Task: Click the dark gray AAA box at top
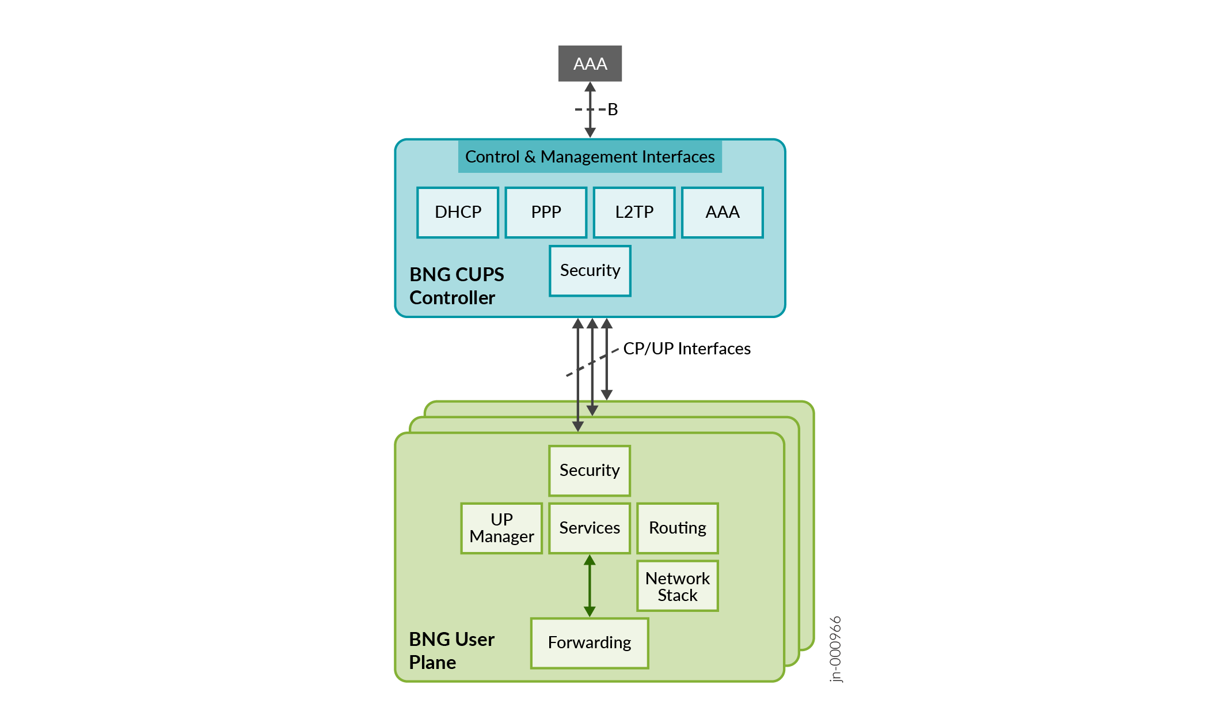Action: [590, 63]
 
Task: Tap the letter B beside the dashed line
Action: [613, 109]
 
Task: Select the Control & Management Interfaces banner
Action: [590, 157]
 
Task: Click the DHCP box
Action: [458, 212]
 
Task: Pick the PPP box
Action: [546, 212]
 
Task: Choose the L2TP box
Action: [634, 212]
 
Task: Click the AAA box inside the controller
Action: [722, 212]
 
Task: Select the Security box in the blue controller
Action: [590, 271]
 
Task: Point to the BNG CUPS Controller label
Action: [456, 286]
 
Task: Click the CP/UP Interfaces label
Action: [686, 349]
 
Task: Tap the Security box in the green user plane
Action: [590, 470]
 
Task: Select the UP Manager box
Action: [501, 528]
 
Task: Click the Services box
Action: [590, 528]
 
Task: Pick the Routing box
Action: [678, 528]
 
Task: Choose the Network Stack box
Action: [678, 586]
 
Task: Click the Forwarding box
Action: [590, 642]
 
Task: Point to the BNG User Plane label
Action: [451, 651]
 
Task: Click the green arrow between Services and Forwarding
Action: [590, 586]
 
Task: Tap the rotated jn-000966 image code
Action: [836, 649]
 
